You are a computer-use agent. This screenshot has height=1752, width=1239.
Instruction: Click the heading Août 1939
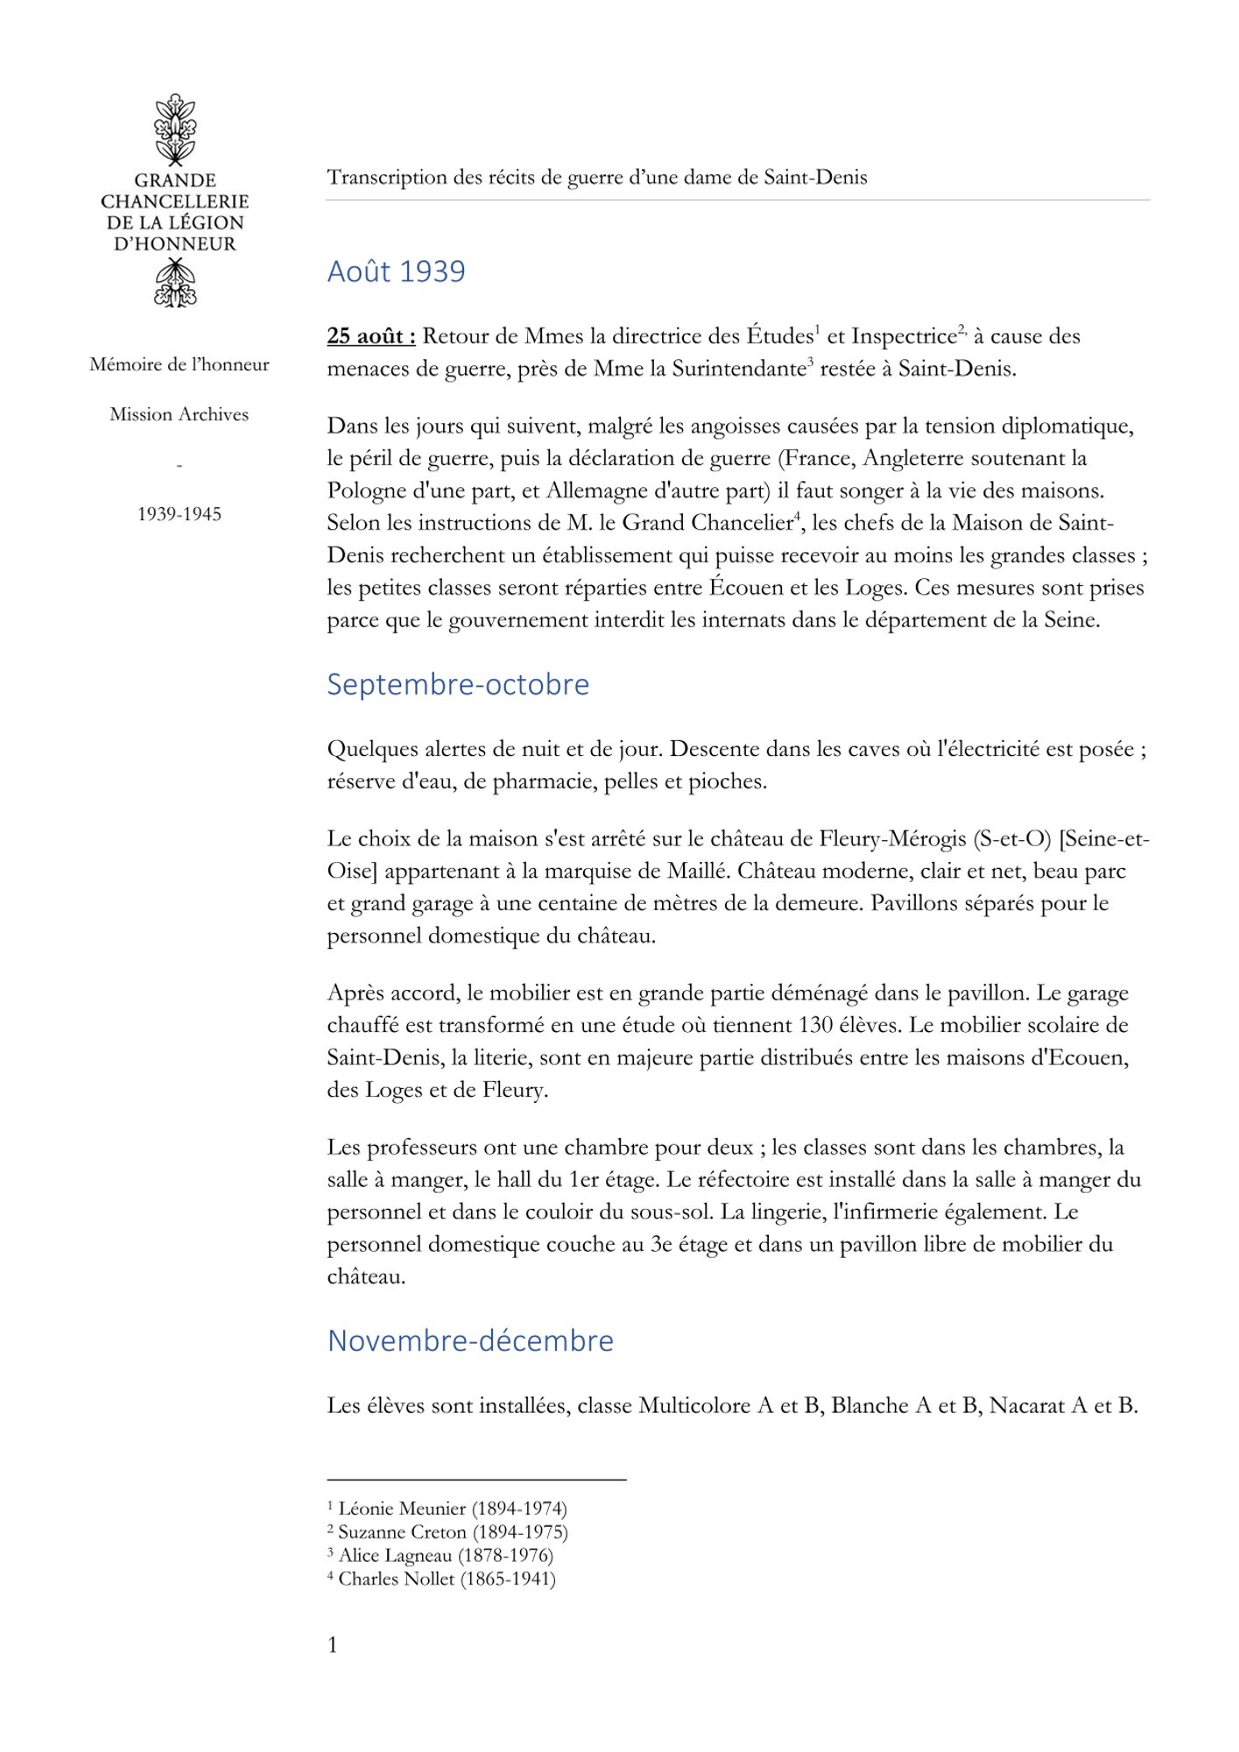click(x=396, y=272)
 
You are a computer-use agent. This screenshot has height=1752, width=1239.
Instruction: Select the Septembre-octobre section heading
click(x=458, y=684)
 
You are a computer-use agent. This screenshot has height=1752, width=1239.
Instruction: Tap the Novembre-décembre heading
click(x=470, y=1341)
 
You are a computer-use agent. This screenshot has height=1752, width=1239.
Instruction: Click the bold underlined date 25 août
click(x=370, y=336)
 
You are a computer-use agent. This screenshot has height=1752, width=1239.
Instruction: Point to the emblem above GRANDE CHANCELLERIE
click(x=175, y=129)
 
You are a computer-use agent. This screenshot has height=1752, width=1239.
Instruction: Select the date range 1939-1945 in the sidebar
click(x=179, y=514)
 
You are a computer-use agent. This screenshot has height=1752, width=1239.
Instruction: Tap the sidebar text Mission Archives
click(x=179, y=414)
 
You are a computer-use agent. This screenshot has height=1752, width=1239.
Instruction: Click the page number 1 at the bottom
click(x=332, y=1645)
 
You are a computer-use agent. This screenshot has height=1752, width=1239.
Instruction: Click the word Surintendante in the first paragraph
click(x=737, y=369)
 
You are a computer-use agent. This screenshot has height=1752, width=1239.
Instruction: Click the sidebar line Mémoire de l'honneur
click(x=179, y=364)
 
